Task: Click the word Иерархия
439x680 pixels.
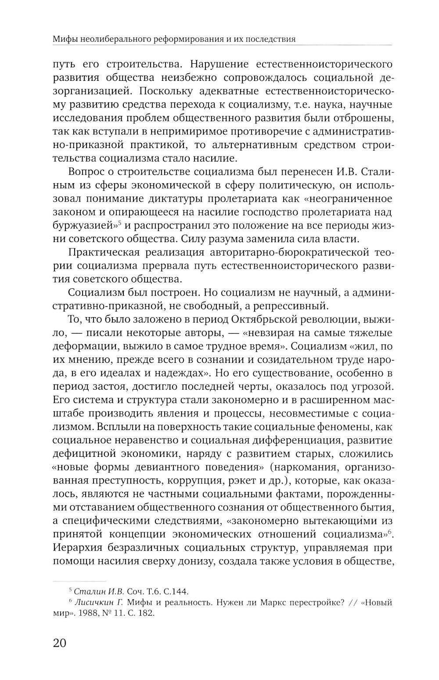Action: pos(81,548)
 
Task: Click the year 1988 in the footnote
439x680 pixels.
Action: pos(82,613)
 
